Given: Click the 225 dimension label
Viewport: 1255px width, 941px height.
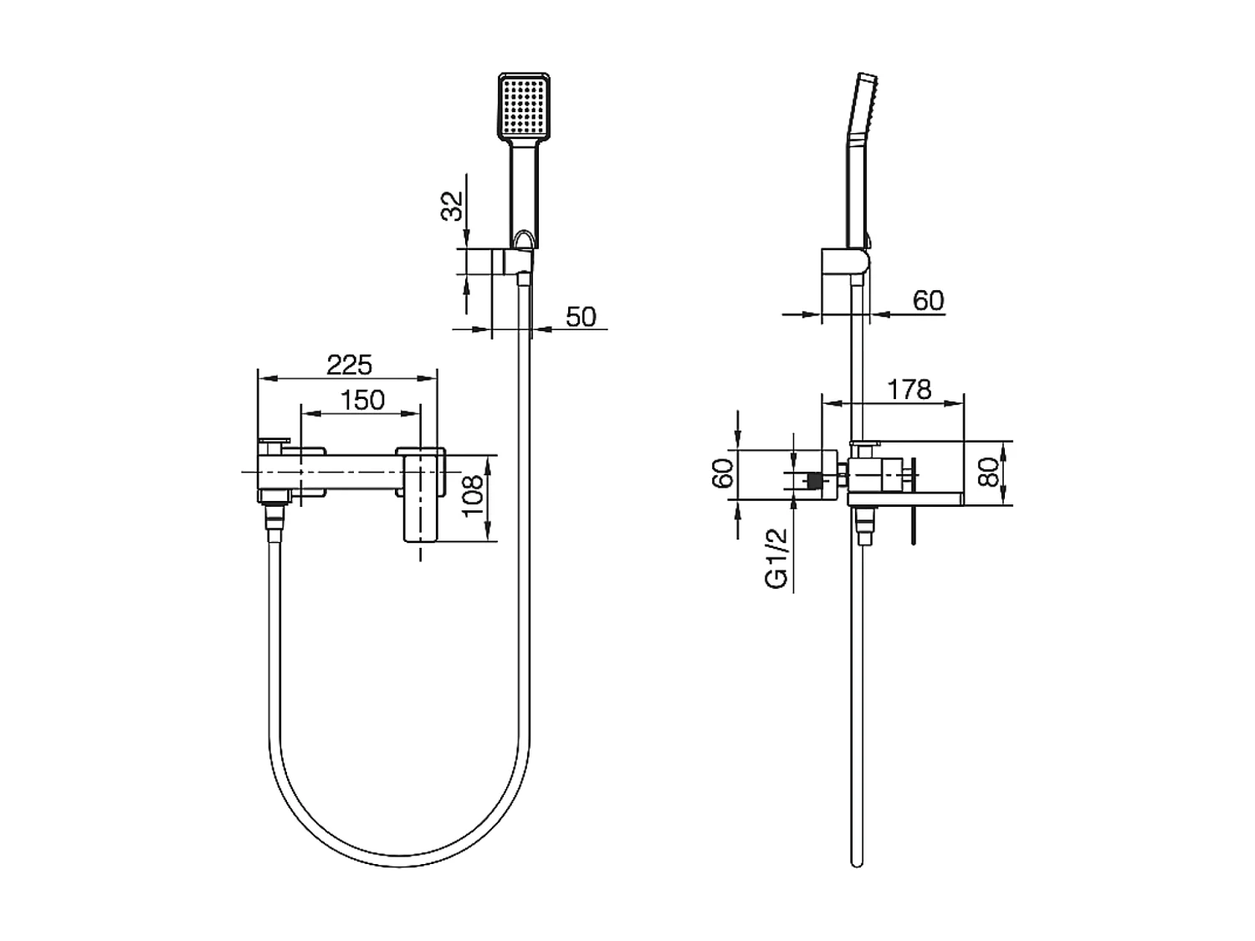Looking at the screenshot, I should [349, 366].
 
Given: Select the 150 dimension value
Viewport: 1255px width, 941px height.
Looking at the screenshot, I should [362, 400].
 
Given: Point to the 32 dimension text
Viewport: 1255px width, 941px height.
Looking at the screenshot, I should [451, 206].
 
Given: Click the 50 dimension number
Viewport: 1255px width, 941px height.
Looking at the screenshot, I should [581, 317].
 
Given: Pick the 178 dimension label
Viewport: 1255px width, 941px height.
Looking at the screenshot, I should [909, 389].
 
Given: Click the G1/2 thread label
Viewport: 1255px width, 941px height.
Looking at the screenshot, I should [778, 559].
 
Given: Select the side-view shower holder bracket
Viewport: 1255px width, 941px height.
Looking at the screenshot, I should [845, 261].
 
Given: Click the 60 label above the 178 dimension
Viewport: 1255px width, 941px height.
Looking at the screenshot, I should [928, 300].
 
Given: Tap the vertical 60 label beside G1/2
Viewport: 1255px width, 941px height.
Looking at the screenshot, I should [725, 473].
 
